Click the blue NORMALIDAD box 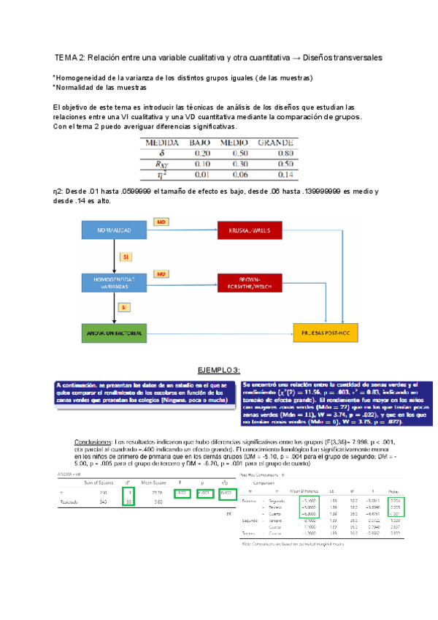point(114,230)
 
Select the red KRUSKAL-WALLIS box point(253,230)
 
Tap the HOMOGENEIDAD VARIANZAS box point(114,282)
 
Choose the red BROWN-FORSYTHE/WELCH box point(253,282)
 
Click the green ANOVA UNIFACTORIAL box point(114,333)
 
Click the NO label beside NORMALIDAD point(162,221)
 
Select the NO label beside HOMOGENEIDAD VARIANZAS point(162,273)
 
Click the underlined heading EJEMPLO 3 point(219,369)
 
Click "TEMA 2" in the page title point(71,57)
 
